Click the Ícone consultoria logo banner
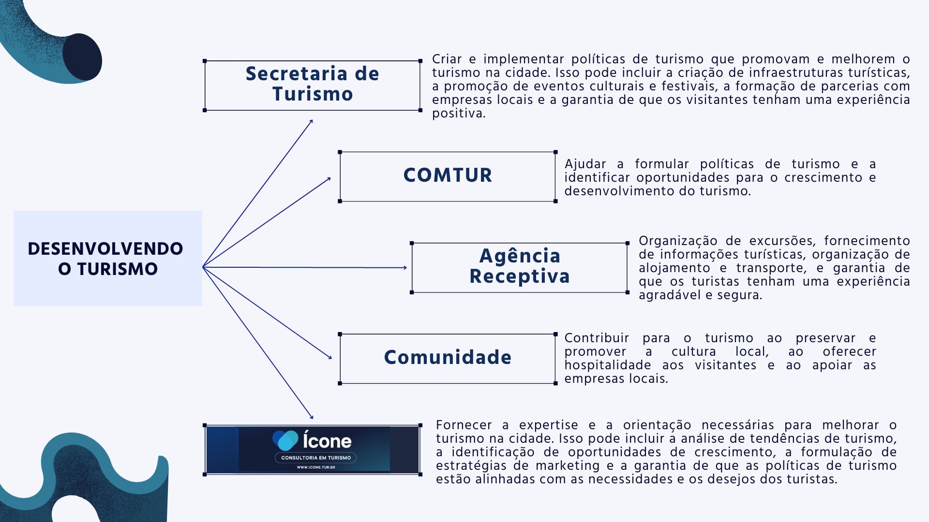(x=313, y=449)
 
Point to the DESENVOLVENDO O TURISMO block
(x=108, y=258)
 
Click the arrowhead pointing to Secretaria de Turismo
(x=311, y=121)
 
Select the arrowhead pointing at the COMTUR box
(x=329, y=179)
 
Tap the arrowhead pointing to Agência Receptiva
(x=405, y=267)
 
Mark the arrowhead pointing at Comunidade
(x=330, y=357)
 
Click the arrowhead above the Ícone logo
(x=311, y=417)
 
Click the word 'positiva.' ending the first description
(x=459, y=114)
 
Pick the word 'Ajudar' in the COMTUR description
(x=585, y=164)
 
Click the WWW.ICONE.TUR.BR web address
(x=316, y=467)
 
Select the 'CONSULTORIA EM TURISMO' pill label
(x=316, y=458)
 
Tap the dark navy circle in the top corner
(x=82, y=57)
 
